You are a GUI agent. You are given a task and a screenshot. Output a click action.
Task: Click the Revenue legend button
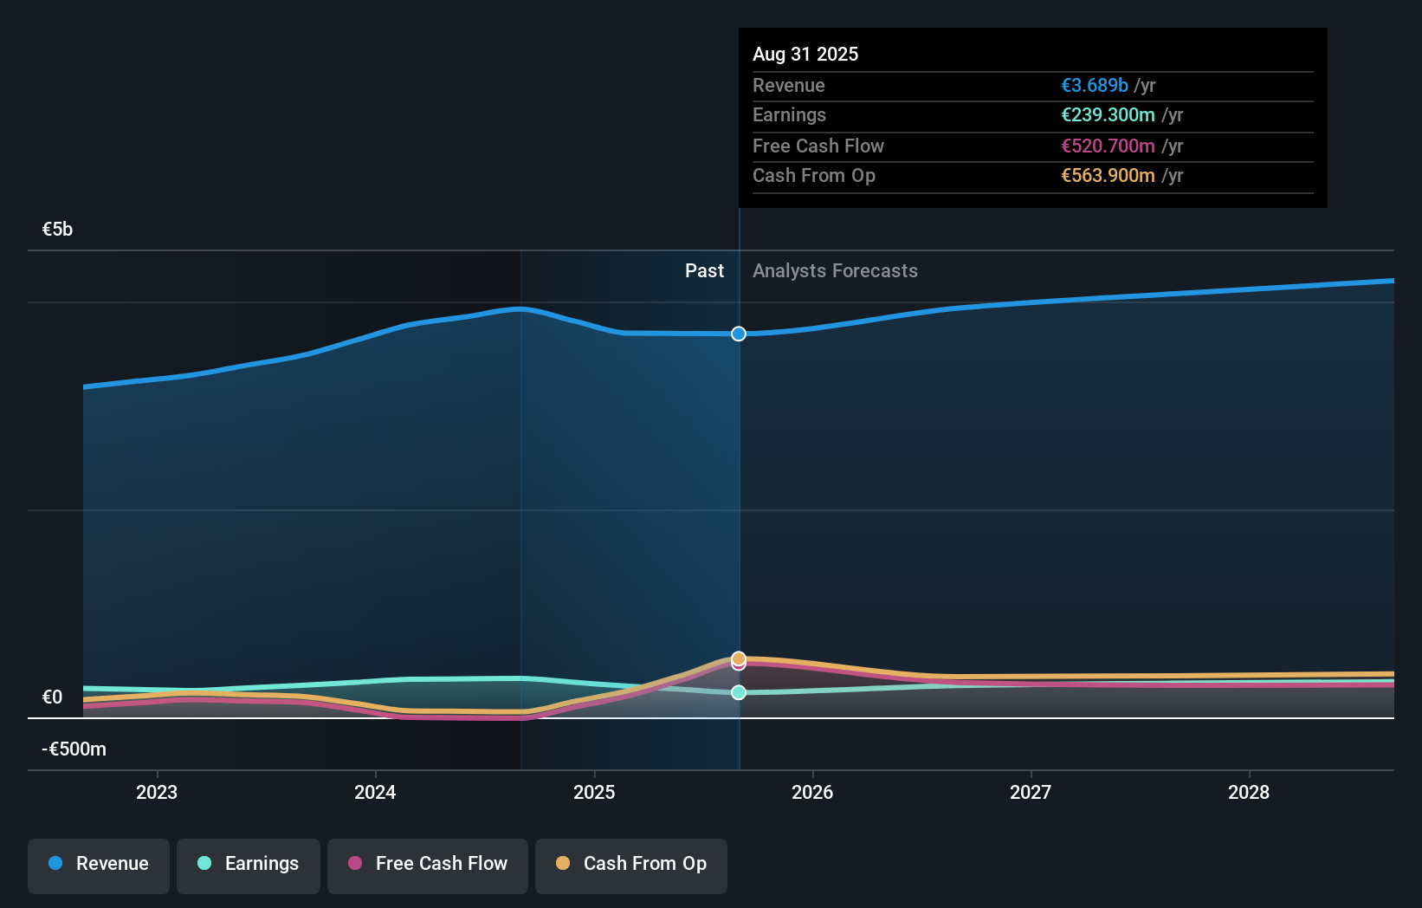point(99,864)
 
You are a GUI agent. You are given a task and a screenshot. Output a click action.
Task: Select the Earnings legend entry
point(249,864)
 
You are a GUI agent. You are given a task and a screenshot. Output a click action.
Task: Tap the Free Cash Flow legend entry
point(428,864)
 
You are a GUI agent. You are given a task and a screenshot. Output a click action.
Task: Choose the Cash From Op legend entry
point(631,864)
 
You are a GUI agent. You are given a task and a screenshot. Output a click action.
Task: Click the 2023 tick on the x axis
point(157,792)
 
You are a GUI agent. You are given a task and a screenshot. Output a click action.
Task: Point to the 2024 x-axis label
point(375,792)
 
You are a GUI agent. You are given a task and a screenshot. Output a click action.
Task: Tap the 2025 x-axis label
point(594,792)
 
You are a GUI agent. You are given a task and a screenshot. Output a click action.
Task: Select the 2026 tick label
point(812,792)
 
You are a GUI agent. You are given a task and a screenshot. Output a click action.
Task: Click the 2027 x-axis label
point(1031,792)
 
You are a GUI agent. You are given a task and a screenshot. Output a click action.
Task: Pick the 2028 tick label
point(1249,792)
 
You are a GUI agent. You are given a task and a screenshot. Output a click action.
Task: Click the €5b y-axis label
point(57,230)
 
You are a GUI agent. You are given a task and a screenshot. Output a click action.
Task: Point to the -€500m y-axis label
point(74,749)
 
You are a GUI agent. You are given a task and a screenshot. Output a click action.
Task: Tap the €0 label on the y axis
point(52,697)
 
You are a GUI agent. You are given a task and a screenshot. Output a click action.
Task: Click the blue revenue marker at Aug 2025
point(739,334)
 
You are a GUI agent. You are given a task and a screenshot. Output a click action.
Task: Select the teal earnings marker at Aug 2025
point(739,692)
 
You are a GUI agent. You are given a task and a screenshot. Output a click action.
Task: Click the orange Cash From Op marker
point(739,658)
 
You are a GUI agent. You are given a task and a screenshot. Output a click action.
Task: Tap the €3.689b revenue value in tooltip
point(1095,86)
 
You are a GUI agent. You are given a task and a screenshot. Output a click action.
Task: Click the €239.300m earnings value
point(1108,115)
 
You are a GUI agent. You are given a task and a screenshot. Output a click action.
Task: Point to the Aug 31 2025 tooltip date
point(805,55)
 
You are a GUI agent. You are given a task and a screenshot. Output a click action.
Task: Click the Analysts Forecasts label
point(835,271)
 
